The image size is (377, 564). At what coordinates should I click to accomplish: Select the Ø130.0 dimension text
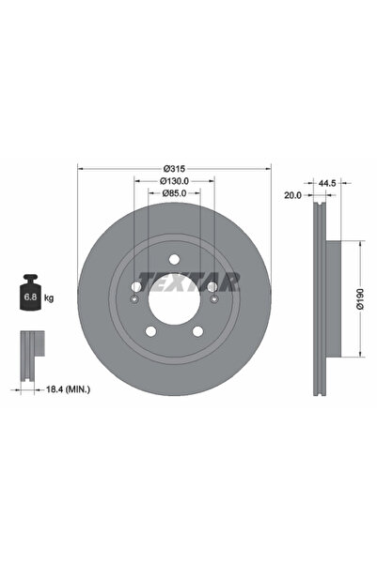[174, 181]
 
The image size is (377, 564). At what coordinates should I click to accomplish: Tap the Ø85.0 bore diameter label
[174, 193]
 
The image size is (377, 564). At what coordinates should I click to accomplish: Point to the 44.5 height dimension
[328, 183]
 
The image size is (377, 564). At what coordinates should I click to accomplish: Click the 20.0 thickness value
[292, 196]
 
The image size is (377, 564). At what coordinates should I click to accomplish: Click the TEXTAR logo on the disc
[189, 279]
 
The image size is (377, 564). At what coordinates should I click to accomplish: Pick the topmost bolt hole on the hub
[174, 260]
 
